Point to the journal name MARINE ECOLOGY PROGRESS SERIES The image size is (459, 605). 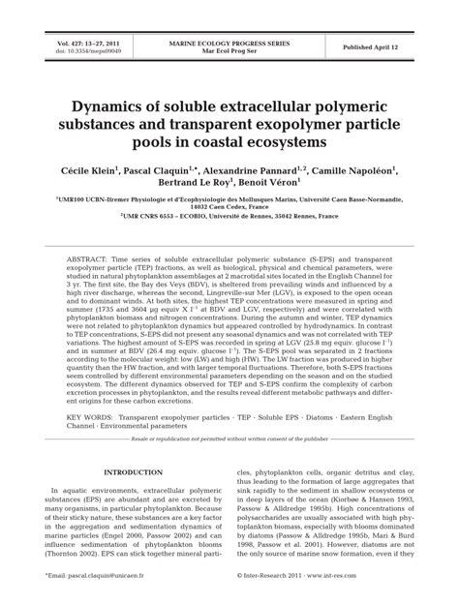point(229,42)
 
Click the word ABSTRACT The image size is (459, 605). point(90,262)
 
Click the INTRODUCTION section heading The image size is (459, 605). point(132,500)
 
